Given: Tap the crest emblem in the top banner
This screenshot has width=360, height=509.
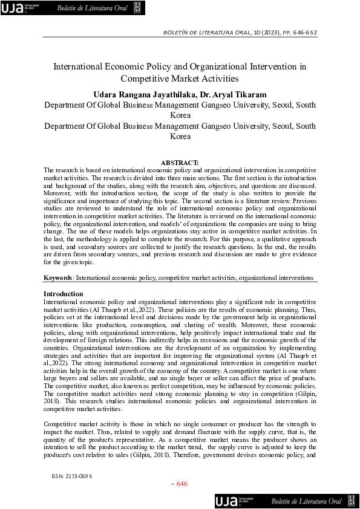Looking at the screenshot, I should [x=137, y=8].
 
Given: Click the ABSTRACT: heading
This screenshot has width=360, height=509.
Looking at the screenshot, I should [x=180, y=163].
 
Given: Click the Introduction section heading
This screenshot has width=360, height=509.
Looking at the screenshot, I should [x=64, y=294].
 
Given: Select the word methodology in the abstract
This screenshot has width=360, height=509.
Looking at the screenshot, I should [x=96, y=239].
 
